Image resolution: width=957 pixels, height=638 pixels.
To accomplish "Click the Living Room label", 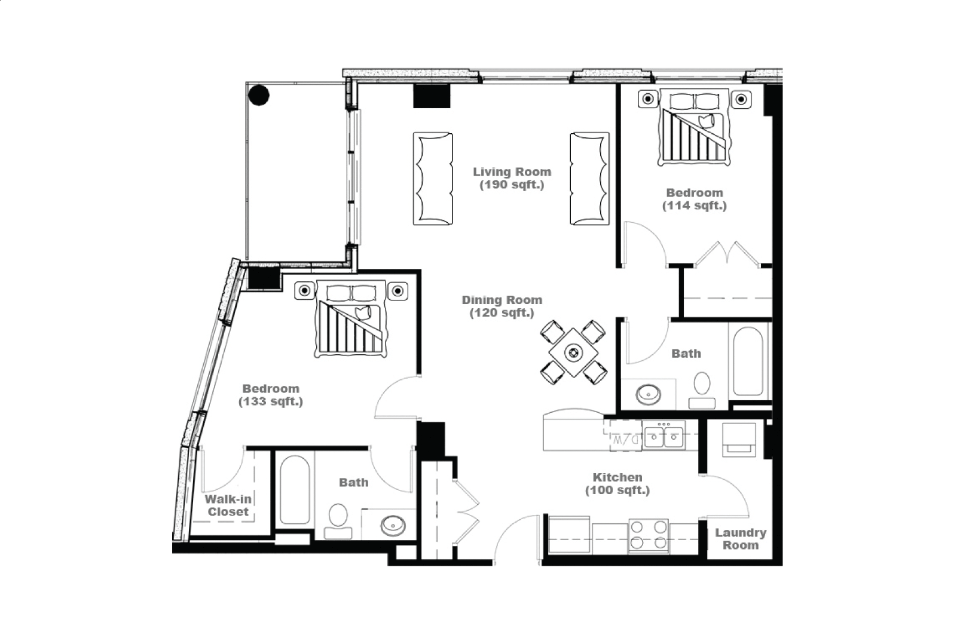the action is [512, 178].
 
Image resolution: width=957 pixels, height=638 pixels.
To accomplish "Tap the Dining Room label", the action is [502, 306].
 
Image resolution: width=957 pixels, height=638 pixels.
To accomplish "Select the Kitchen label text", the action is [617, 483].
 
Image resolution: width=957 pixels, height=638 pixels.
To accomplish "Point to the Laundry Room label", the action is [741, 539].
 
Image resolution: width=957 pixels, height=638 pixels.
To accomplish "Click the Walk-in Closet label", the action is [228, 505].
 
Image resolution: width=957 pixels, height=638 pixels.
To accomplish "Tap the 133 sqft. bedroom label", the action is [271, 395].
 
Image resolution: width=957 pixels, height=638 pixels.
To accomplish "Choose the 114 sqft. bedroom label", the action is [695, 199].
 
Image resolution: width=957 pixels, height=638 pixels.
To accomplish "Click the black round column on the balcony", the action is [259, 95].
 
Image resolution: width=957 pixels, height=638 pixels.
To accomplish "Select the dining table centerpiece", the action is [573, 352].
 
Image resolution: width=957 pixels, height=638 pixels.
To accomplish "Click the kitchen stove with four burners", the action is [649, 536].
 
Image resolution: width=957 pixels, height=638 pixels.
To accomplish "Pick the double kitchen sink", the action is [664, 435].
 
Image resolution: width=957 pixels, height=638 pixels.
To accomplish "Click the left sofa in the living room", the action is [433, 179].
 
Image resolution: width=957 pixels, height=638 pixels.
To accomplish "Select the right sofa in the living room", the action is [589, 179].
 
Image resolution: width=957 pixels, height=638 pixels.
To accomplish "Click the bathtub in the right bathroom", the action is [748, 361].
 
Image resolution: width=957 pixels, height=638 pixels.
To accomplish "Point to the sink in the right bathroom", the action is [648, 395].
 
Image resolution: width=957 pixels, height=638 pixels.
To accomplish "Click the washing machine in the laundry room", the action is [739, 440].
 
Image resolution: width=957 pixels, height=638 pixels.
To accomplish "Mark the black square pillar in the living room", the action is [432, 96].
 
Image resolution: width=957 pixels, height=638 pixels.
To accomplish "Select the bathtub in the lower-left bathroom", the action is [295, 490].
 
